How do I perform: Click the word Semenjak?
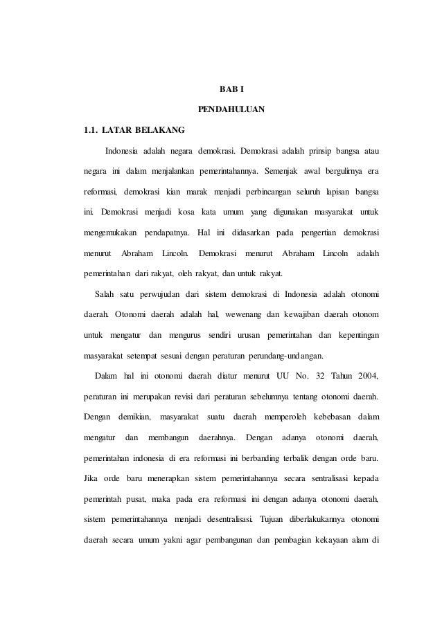pos(281,170)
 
